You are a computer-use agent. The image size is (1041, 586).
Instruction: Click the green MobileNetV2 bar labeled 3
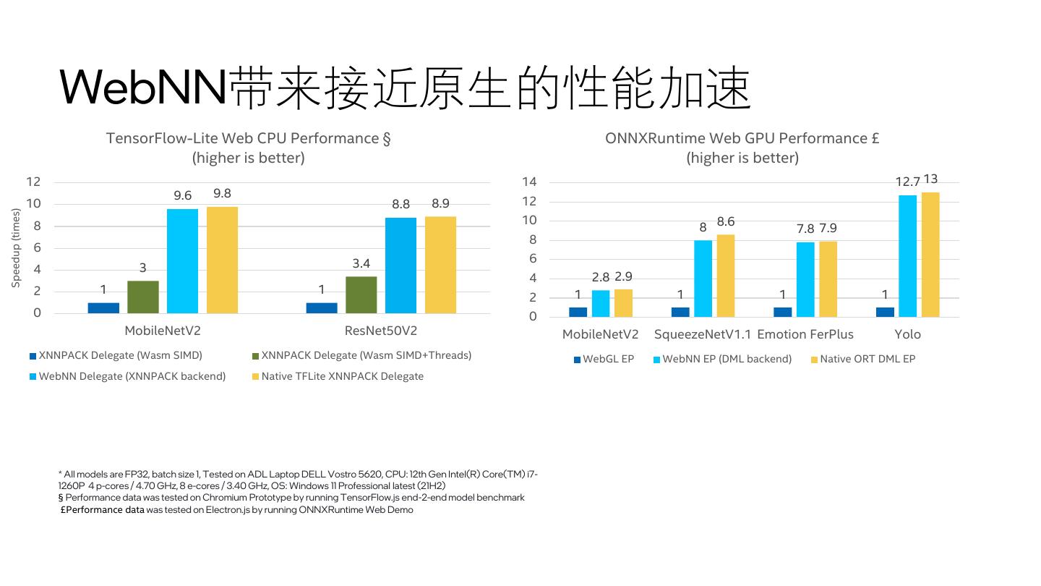coord(143,297)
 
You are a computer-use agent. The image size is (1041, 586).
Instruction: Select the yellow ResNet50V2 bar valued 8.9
coord(440,265)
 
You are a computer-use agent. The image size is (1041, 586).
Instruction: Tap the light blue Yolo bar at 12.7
coord(907,256)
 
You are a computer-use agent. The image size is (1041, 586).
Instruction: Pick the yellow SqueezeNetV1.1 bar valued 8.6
coord(726,276)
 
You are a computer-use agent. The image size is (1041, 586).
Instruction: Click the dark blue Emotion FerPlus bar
coord(783,312)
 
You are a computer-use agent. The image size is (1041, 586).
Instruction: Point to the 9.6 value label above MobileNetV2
coord(183,195)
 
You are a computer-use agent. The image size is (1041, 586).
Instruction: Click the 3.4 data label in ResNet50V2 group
coord(361,263)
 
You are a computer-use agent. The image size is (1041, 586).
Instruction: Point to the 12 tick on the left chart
coord(34,182)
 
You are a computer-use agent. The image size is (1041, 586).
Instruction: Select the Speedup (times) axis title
coord(16,247)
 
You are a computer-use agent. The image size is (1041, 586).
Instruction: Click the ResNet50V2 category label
coord(381,331)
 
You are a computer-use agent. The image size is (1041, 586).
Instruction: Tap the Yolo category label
coord(907,334)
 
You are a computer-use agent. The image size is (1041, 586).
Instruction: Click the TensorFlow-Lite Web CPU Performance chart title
coord(248,138)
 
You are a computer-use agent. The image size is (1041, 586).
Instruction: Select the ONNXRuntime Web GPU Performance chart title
coord(742,138)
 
